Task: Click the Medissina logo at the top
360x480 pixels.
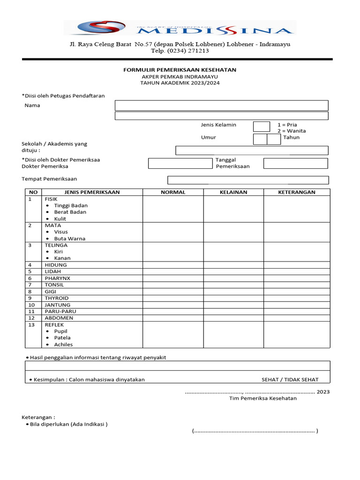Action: tap(180, 28)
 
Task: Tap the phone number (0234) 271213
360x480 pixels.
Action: tap(180, 51)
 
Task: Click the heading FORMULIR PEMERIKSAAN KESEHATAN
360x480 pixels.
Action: tap(180, 70)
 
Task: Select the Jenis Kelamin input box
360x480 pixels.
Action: tap(261, 127)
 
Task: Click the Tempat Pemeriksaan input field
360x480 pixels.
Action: tap(248, 180)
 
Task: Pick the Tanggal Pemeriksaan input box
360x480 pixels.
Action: tap(295, 163)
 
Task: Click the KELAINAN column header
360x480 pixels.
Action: tap(233, 192)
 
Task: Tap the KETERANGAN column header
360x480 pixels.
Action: tap(297, 192)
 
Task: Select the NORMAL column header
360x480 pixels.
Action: tap(173, 192)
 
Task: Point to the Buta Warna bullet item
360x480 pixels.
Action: tap(69, 239)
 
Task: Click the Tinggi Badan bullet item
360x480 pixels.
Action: tap(71, 205)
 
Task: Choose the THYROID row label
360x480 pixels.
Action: tap(56, 298)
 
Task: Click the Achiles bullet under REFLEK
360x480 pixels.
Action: tap(63, 345)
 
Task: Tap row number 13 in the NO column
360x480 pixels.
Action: tap(31, 325)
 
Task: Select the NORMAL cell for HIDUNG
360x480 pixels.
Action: tap(173, 265)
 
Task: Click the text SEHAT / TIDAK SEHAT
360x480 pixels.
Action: tap(290, 379)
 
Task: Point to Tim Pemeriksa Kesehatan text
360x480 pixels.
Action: tap(262, 398)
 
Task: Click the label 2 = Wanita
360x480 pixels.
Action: tap(291, 131)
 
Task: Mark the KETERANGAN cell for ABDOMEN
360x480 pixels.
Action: tap(297, 318)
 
